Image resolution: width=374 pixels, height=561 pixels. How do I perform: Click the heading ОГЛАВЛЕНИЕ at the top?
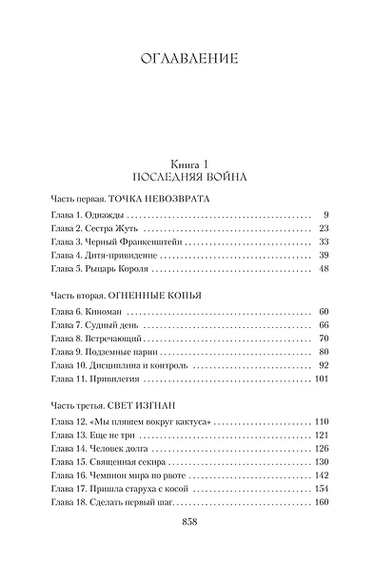[x=187, y=59]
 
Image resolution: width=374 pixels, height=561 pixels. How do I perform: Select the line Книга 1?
[x=187, y=164]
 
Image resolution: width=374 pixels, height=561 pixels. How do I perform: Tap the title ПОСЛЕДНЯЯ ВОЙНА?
[x=187, y=178]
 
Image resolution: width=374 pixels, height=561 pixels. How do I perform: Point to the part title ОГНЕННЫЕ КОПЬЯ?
[x=156, y=295]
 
